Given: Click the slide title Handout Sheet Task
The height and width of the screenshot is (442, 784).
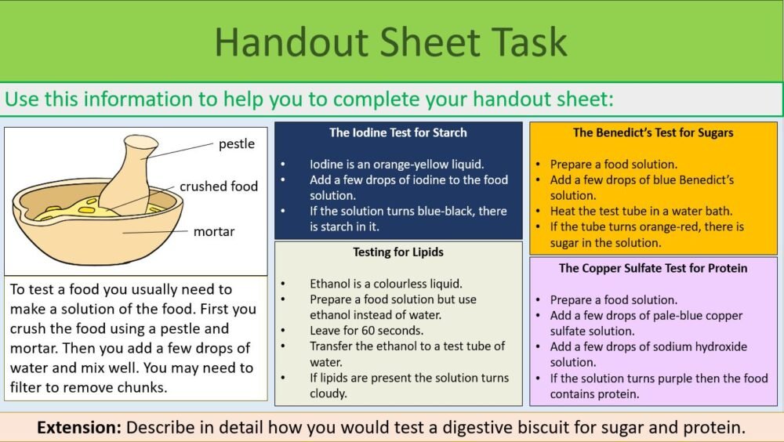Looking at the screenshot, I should tap(390, 42).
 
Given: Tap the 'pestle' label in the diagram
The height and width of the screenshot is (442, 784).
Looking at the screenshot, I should tap(236, 144).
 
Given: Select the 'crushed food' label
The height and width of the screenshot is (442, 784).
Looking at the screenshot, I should tap(219, 187).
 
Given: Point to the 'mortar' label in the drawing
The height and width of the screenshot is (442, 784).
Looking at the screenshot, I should tap(214, 231).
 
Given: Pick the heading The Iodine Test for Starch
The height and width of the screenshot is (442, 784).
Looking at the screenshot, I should tap(398, 133).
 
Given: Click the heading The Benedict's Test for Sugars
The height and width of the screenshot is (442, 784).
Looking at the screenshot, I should tap(653, 133).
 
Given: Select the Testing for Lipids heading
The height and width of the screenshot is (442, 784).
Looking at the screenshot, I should tap(398, 252).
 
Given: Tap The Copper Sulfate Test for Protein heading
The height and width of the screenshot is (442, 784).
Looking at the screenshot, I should tap(653, 268).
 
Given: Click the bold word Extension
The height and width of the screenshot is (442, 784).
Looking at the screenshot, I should tap(78, 429).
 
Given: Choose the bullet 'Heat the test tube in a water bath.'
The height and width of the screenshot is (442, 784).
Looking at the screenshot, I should tap(641, 211).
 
